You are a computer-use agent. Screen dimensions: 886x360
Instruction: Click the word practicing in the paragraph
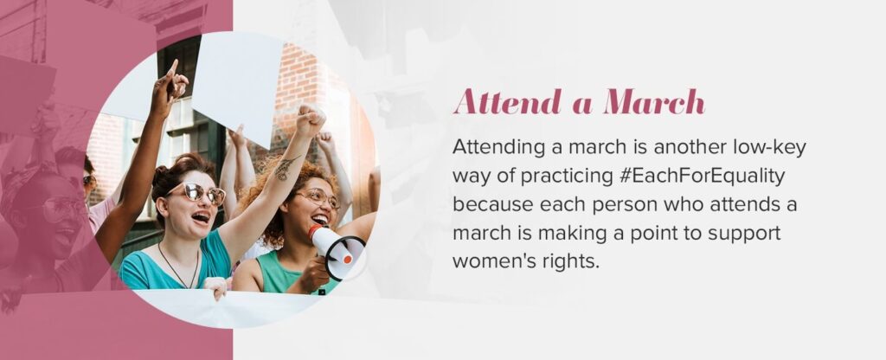click(567, 177)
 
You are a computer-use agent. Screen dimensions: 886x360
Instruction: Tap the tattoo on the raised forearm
click(286, 168)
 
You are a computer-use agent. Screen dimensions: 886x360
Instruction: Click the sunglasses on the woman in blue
click(200, 194)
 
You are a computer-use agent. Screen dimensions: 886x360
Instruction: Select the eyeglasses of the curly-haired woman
click(318, 198)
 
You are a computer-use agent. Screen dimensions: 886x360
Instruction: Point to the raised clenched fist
click(311, 120)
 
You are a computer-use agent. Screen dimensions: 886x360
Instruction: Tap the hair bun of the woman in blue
click(162, 178)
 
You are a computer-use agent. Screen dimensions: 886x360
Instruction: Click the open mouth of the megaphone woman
click(320, 219)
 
